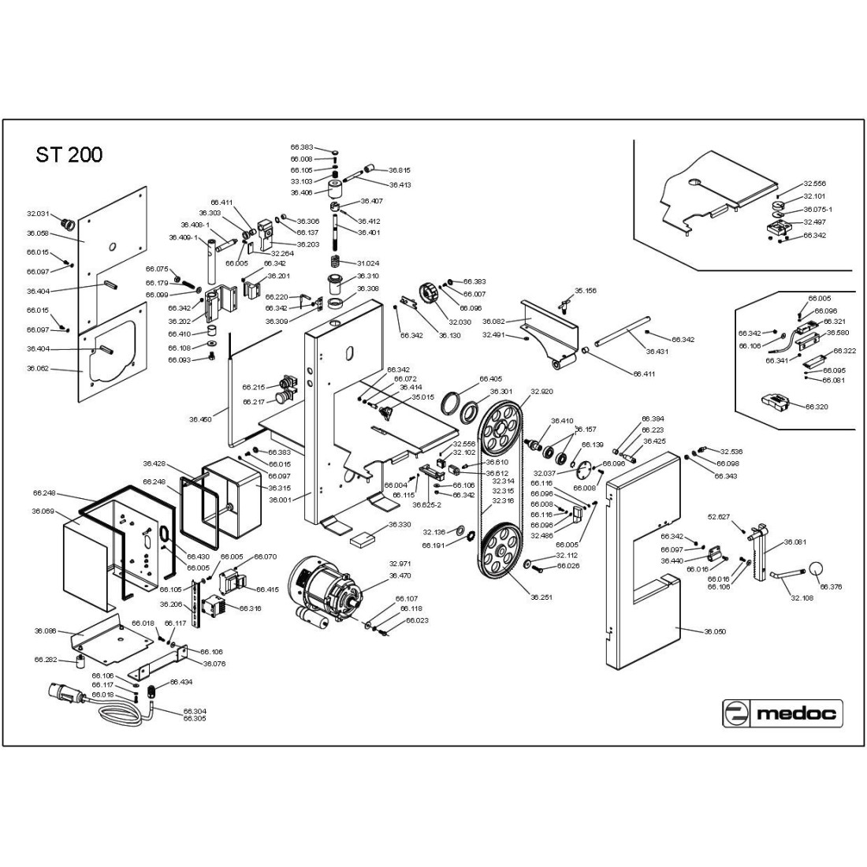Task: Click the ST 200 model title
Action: (69, 154)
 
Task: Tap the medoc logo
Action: (783, 714)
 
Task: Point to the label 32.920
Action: (541, 391)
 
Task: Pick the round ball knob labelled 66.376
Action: (815, 568)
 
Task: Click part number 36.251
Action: (541, 597)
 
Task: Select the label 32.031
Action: (38, 213)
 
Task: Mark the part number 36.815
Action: (400, 170)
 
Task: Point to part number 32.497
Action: (814, 222)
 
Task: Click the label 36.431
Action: (657, 352)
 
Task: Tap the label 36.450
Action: (200, 419)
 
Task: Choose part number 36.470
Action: (400, 575)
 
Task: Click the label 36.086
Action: (45, 631)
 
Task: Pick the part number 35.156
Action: (586, 291)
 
